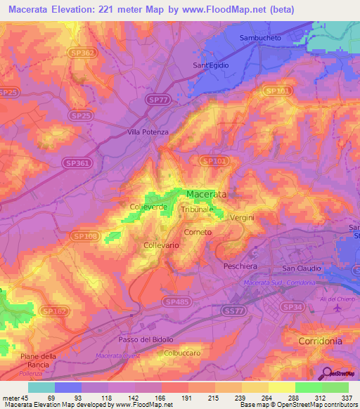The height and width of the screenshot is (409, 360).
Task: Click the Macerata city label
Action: click(207, 194)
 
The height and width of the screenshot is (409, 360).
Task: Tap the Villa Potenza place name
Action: click(146, 131)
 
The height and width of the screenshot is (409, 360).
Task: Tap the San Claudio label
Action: click(302, 268)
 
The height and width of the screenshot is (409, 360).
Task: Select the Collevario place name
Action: click(161, 245)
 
